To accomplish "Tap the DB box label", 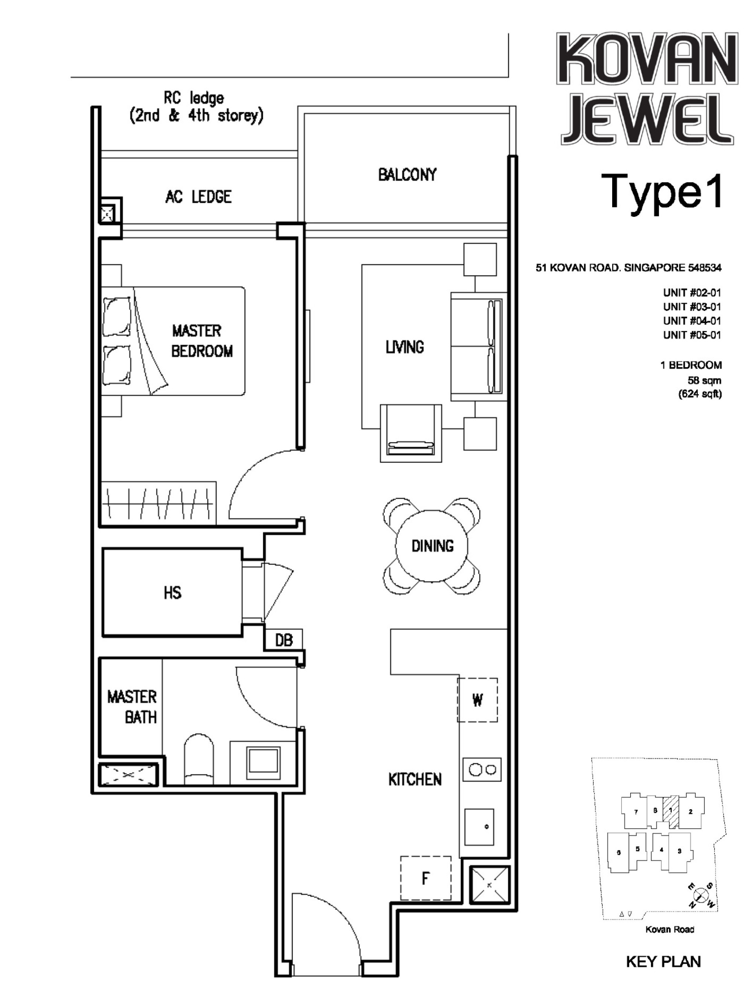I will point(283,640).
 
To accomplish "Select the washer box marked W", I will point(477,699).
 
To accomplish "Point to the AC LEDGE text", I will point(198,197).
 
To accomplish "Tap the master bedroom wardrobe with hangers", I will point(158,504).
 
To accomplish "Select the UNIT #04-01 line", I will point(691,320).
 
